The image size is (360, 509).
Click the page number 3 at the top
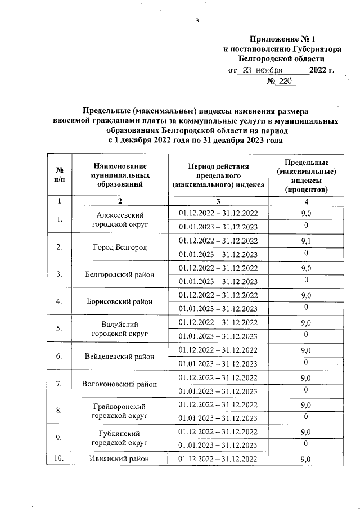[x=197, y=21]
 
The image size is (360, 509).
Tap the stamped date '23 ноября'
[x=259, y=71]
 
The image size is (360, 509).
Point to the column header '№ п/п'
[x=58, y=175]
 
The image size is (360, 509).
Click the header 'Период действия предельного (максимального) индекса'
[x=218, y=175]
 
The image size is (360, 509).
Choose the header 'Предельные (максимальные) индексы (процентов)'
[x=307, y=175]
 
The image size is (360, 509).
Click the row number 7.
[x=58, y=384]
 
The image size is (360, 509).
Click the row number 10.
[x=58, y=459]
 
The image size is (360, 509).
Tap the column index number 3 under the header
[x=218, y=201]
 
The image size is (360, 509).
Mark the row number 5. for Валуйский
[x=58, y=329]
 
